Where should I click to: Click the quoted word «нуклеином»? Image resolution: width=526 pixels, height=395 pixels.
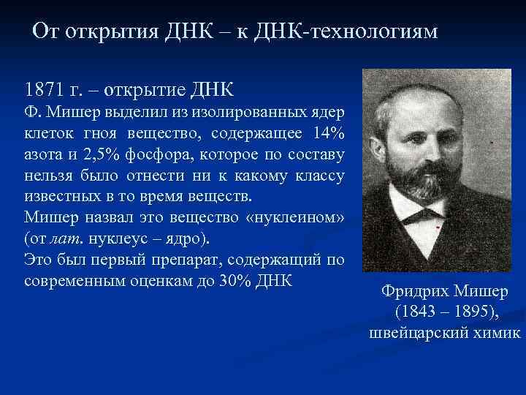298,217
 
